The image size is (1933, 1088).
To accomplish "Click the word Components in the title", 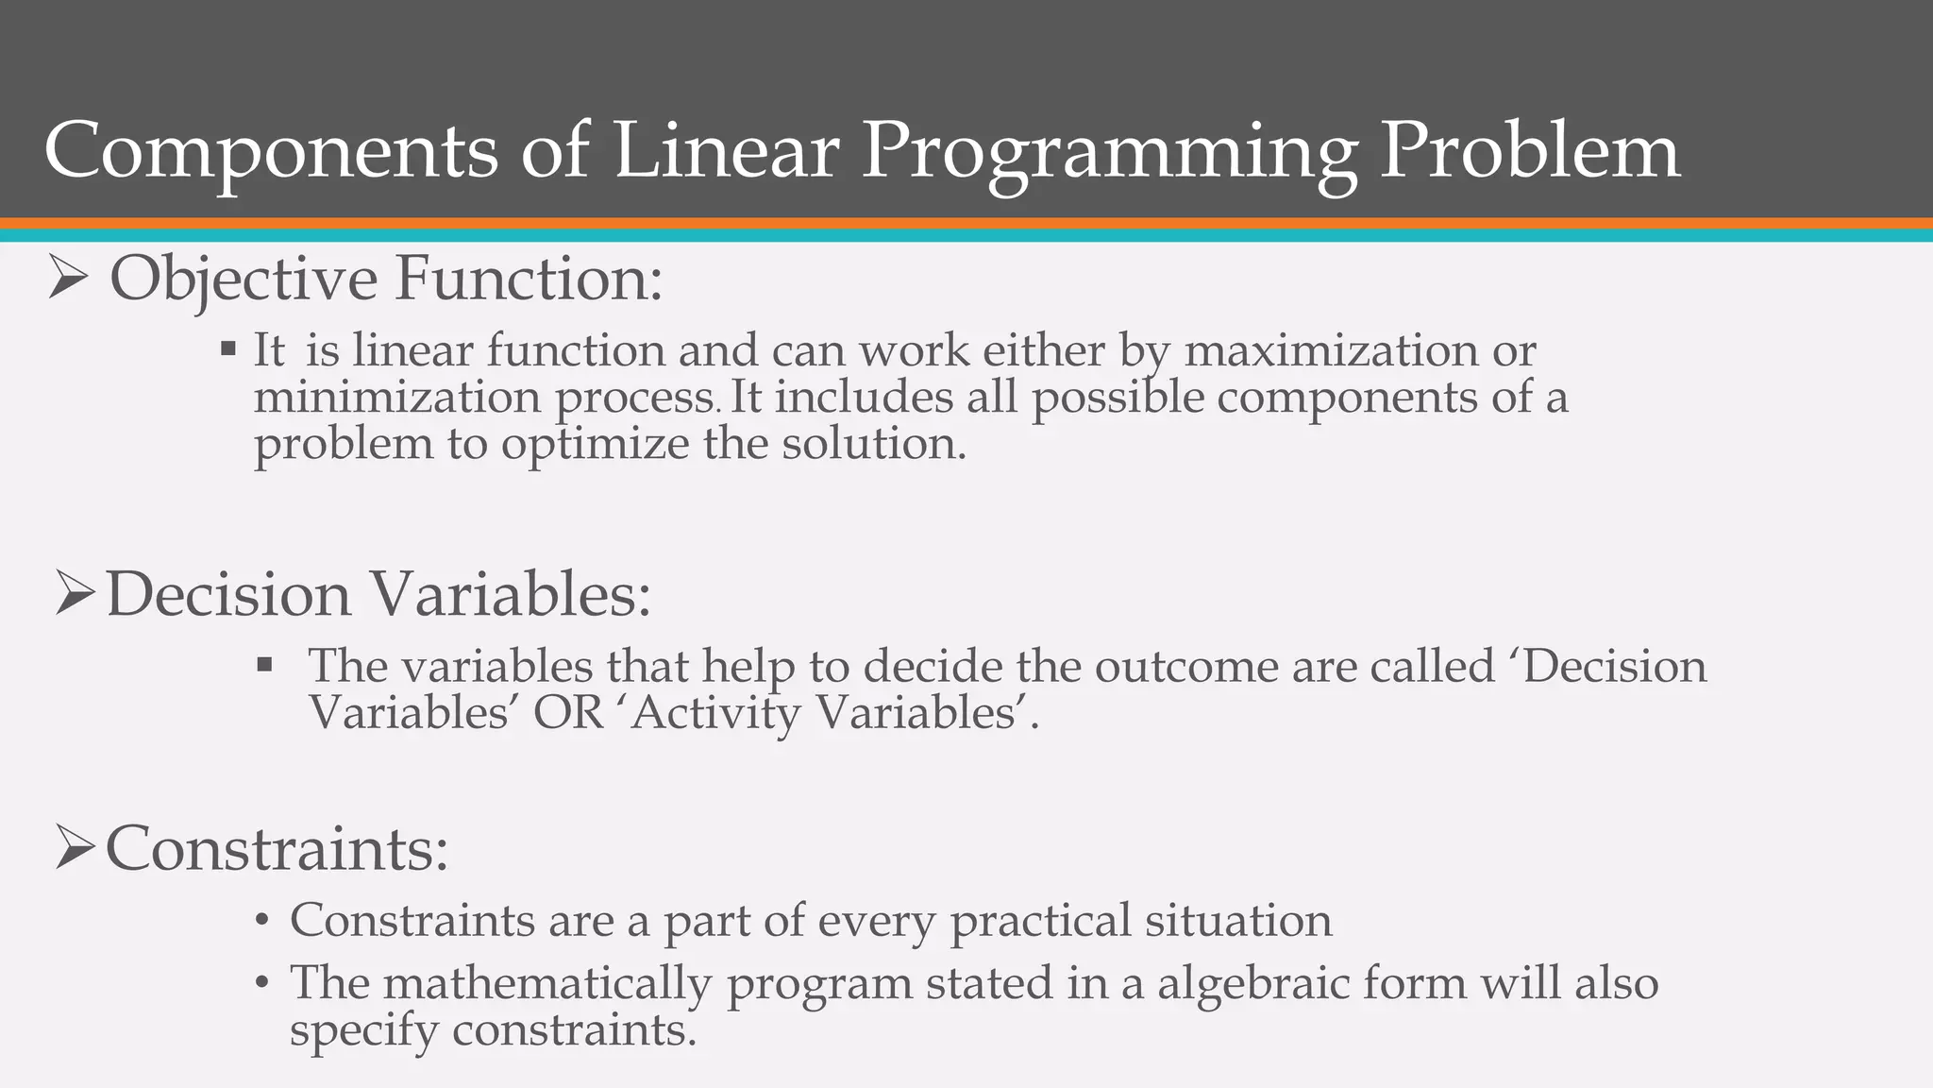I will (270, 151).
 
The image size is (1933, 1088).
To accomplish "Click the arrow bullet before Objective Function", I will (68, 280).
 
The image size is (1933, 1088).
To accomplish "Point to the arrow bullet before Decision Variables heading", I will (75, 595).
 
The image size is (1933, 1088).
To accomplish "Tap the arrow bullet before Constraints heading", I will (75, 847).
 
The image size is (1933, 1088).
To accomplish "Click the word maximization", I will (1331, 351).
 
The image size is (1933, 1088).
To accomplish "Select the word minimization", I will (396, 397).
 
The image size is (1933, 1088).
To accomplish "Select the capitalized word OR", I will (568, 713).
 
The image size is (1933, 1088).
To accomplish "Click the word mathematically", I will (546, 983).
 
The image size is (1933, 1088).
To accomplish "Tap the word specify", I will (363, 1030).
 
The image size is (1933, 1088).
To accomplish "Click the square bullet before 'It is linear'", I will (228, 349).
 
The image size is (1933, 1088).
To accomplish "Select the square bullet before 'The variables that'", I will (264, 665).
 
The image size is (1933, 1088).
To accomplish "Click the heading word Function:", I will (529, 280).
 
